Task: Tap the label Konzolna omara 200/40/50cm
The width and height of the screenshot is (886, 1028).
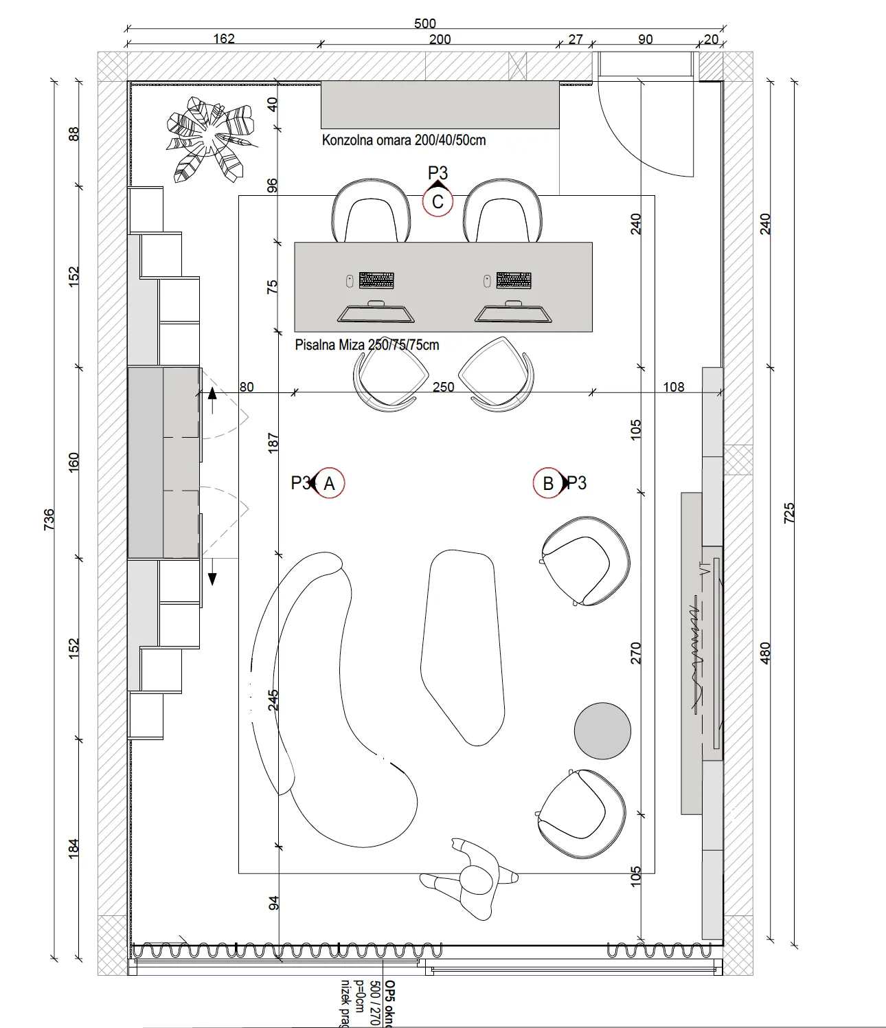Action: [x=404, y=140]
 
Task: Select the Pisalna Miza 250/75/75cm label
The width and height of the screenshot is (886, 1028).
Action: [x=367, y=345]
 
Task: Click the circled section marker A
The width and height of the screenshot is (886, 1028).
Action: [x=329, y=484]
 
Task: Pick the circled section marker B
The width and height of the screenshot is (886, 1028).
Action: [x=547, y=484]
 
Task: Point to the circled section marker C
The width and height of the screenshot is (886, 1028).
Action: [x=438, y=202]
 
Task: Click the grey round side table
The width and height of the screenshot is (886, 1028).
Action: [x=602, y=731]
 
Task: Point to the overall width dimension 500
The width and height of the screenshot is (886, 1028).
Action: [x=425, y=23]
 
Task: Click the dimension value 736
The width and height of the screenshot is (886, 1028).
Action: [x=49, y=519]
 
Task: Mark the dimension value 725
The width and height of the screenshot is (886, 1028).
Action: [x=789, y=513]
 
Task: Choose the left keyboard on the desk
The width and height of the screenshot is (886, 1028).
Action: [x=376, y=280]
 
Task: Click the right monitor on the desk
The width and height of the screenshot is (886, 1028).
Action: [x=513, y=313]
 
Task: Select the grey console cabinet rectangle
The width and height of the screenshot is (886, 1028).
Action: [x=440, y=104]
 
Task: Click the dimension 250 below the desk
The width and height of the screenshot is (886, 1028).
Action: [x=443, y=387]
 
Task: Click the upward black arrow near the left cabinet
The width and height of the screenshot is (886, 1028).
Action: [x=212, y=394]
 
